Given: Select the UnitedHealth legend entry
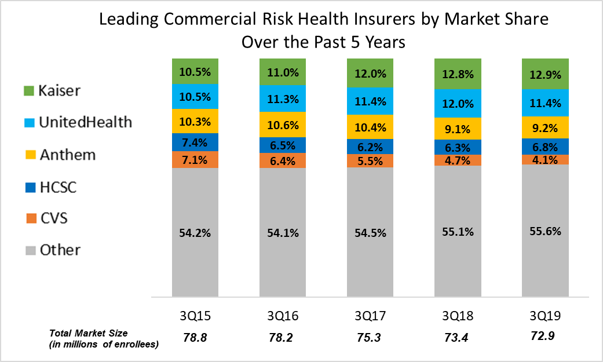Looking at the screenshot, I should pos(79,122).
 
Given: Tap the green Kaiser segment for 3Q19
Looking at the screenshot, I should pos(546,74).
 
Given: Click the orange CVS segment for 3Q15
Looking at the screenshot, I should pos(195,159).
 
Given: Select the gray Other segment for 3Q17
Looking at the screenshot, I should pos(370,232).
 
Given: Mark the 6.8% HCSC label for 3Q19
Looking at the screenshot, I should pos(546,147).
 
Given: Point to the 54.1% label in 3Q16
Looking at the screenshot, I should pos(283,233).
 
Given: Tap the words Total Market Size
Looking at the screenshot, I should pos(87,333).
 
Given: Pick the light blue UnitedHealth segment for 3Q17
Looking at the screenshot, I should pos(370,102).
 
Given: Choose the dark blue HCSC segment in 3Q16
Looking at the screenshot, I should pos(283,145).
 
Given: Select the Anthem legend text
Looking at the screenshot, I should pos(67,155).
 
